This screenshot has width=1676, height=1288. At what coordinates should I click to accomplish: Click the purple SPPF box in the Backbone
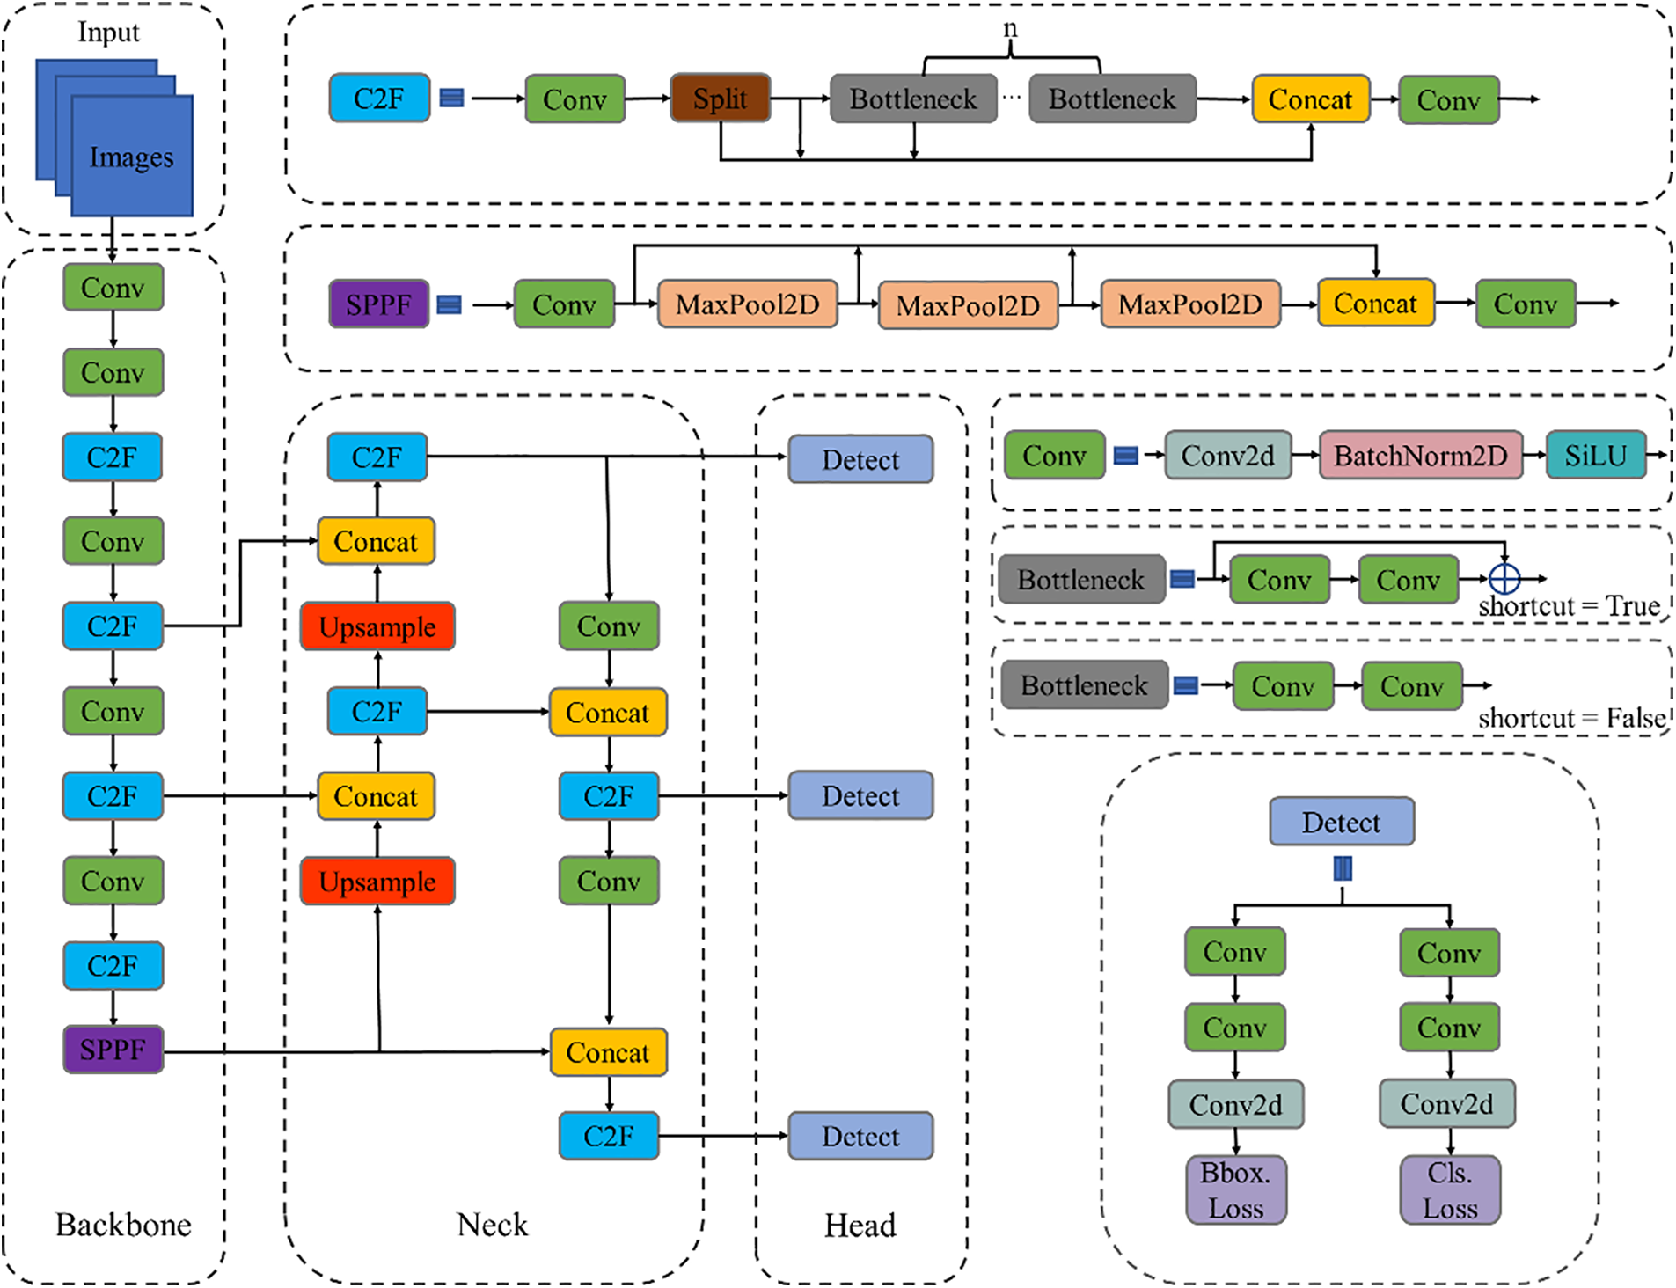pos(113,1049)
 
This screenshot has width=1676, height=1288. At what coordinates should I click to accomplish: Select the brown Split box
pos(720,99)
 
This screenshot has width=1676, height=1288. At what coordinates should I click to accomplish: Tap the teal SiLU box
pos(1595,455)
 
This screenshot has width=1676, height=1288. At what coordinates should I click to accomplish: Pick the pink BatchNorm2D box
pos(1420,455)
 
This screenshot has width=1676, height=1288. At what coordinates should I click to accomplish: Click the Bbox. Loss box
pos(1235,1189)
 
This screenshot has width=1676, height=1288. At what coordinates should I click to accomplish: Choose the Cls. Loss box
pos(1450,1189)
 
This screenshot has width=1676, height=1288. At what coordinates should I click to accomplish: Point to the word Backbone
pos(123,1225)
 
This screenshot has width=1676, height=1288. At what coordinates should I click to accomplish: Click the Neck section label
pos(493,1225)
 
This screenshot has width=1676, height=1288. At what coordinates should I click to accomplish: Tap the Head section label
pos(860,1225)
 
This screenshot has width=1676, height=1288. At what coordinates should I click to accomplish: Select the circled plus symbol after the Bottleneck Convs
pos(1504,578)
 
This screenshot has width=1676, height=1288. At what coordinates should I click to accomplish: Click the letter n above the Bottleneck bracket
pos(1011,29)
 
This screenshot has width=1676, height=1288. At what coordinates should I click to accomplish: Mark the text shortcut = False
pos(1571,718)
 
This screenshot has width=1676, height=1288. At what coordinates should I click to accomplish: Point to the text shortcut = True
pos(1569,606)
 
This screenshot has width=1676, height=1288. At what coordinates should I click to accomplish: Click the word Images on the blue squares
pos(131,157)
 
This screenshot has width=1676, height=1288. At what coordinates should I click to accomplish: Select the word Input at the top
pos(108,33)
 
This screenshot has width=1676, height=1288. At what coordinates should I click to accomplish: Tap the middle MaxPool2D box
pos(968,305)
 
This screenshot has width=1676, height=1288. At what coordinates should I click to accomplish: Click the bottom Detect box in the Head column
pos(860,1136)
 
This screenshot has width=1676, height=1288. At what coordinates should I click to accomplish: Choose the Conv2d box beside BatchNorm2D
pos(1227,455)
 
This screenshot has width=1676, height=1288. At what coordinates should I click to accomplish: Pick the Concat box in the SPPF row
pos(1375,304)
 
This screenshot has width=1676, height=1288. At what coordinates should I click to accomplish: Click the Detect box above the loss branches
pos(1341,822)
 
